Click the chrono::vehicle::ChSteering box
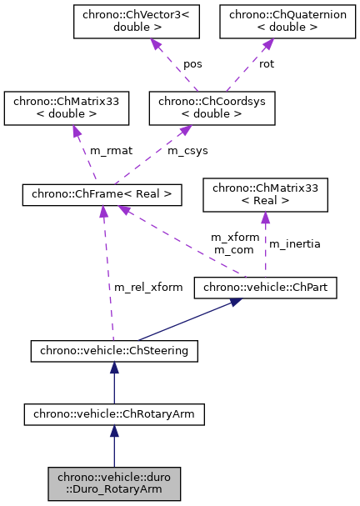114,351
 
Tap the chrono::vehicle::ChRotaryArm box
114,413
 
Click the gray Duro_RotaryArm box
114,483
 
